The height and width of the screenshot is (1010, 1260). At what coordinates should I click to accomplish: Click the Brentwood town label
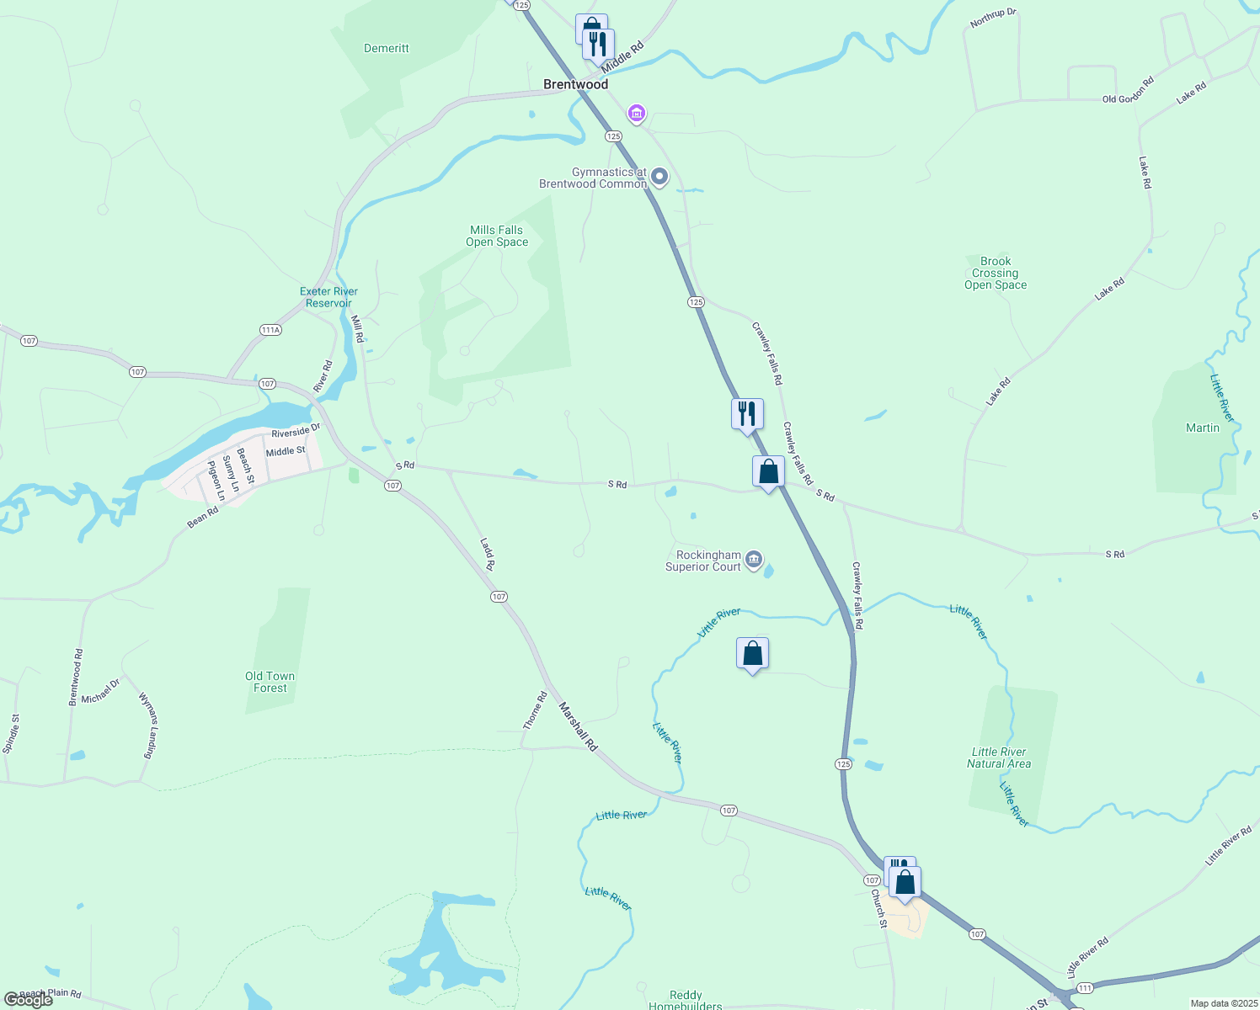[x=575, y=84]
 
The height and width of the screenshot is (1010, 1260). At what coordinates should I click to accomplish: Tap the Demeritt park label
[x=387, y=49]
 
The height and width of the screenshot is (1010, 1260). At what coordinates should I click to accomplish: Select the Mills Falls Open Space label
[x=497, y=236]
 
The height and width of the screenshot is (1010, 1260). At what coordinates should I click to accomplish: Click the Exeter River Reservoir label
[x=328, y=297]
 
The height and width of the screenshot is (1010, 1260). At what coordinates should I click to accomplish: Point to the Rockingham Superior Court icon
[x=754, y=559]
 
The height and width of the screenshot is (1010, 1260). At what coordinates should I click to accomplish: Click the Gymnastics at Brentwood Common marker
[x=659, y=177]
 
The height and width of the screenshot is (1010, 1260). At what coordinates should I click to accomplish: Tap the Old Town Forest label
[x=270, y=682]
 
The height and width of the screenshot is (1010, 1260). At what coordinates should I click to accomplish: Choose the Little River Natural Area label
[x=999, y=757]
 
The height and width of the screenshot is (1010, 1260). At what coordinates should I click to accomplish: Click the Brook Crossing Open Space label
[x=996, y=273]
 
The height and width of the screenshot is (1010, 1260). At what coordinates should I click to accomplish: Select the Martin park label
[x=1202, y=428]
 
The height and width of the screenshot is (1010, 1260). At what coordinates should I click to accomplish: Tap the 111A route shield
[x=270, y=330]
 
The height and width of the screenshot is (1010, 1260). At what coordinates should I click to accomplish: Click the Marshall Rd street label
[x=578, y=727]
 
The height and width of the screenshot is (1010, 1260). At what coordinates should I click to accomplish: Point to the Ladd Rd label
[x=488, y=554]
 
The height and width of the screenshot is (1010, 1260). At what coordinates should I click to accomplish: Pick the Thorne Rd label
[x=535, y=710]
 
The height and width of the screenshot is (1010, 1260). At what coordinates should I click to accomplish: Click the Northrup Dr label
[x=993, y=18]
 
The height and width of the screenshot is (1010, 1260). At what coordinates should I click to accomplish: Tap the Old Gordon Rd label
[x=1129, y=90]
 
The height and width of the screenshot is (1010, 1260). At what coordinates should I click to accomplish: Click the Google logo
[x=28, y=1000]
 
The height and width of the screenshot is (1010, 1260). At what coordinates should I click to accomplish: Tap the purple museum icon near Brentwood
[x=637, y=113]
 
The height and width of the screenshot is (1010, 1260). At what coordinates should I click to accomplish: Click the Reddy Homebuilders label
[x=686, y=1000]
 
